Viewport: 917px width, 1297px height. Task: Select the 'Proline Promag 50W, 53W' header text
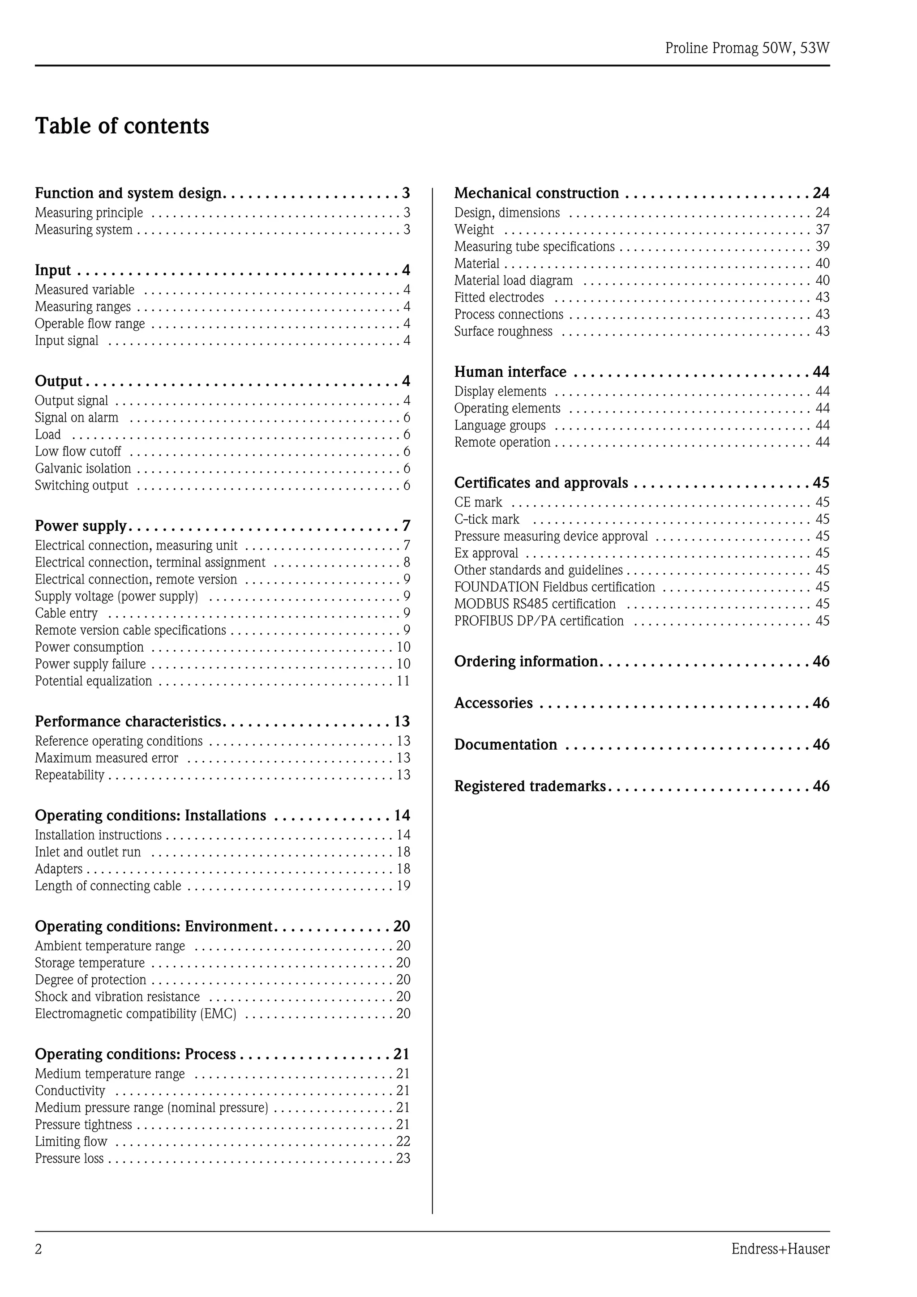click(x=747, y=48)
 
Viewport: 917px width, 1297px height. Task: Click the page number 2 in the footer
click(x=39, y=1249)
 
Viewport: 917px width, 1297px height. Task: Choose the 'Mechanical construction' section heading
click(x=536, y=193)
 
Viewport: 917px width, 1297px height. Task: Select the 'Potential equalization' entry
click(x=93, y=681)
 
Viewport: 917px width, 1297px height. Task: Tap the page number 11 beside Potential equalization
click(x=403, y=681)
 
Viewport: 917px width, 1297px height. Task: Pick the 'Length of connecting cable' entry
click(x=108, y=886)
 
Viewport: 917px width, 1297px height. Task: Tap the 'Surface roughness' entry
click(x=503, y=331)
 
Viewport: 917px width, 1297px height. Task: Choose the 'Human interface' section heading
click(x=510, y=372)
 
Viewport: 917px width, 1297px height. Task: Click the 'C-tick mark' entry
click(x=486, y=519)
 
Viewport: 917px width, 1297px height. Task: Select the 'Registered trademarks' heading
click(x=529, y=786)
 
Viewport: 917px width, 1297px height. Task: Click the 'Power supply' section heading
click(x=81, y=526)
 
